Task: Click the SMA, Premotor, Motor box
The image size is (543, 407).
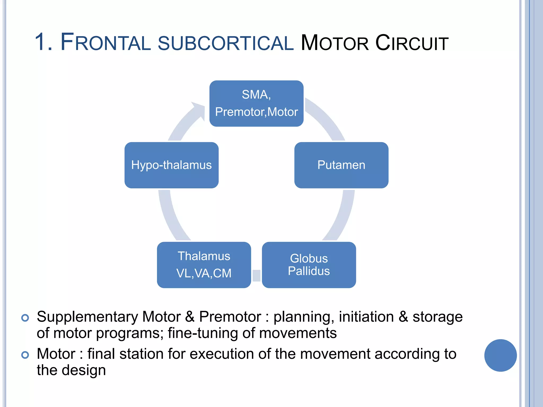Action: click(x=256, y=103)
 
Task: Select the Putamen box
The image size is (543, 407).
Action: click(x=341, y=165)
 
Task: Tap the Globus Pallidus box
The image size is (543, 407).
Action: click(x=309, y=265)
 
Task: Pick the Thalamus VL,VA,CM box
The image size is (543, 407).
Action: click(x=204, y=265)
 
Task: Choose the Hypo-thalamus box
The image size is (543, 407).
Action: click(x=172, y=165)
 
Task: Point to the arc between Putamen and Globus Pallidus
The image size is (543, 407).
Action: click(x=342, y=215)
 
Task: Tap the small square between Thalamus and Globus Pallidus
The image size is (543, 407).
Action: click(x=256, y=276)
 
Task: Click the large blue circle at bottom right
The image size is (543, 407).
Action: click(x=500, y=355)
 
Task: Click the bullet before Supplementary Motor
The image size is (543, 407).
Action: click(x=25, y=318)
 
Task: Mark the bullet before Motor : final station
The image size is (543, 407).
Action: click(x=25, y=355)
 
